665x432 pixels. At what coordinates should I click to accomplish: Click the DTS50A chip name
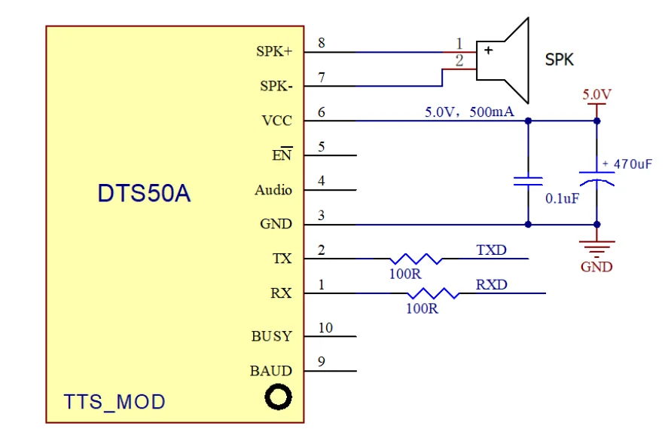[x=144, y=193]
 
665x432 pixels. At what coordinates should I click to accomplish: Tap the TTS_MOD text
[x=114, y=402]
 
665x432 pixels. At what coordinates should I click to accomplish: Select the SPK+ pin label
[x=274, y=51]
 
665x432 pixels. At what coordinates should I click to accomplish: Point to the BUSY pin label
[x=272, y=336]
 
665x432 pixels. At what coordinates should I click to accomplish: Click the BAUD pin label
[x=271, y=371]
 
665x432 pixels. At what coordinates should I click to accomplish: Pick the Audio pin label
[x=273, y=190]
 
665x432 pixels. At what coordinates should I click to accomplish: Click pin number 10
[x=325, y=328]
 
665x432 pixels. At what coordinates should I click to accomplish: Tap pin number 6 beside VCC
[x=322, y=112]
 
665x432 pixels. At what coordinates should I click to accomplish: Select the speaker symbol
[x=502, y=60]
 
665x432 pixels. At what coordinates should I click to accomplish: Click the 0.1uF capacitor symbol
[x=528, y=182]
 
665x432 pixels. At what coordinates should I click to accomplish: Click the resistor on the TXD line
[x=416, y=259]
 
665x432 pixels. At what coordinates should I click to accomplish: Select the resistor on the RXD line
[x=433, y=293]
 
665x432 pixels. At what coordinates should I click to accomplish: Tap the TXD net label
[x=492, y=250]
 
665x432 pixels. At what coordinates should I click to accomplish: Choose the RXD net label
[x=492, y=284]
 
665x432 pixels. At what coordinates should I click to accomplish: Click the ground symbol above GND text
[x=596, y=249]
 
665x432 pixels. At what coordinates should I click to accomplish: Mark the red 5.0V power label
[x=596, y=94]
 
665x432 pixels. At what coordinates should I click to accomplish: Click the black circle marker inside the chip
[x=278, y=397]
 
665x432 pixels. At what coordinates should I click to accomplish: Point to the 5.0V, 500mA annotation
[x=469, y=112]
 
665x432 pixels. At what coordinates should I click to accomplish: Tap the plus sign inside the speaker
[x=489, y=51]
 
